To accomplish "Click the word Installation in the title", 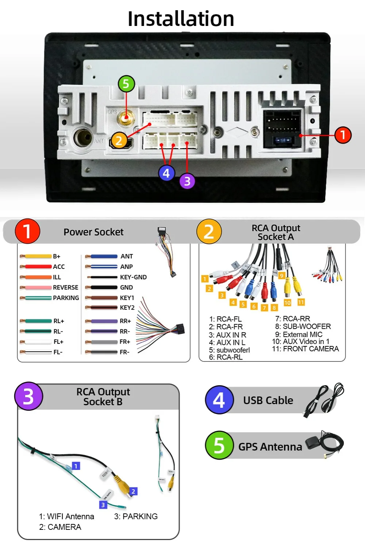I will pos(181,19).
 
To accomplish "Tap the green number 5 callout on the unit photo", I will pos(126,84).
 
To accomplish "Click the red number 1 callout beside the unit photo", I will pos(343,135).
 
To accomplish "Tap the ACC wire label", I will pos(59,267).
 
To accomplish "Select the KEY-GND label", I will pos(133,277).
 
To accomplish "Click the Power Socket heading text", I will pos(93,232).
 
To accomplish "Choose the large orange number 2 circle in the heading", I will pos(209,232).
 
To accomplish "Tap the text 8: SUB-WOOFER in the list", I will pos(303,327).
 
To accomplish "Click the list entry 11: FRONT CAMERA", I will pos(305,349).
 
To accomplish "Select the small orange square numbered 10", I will pos(287,303).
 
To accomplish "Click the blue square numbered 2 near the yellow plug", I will pos(133,491).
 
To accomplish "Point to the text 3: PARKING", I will pos(136,516).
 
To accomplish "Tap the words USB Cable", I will pos(268,400).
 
